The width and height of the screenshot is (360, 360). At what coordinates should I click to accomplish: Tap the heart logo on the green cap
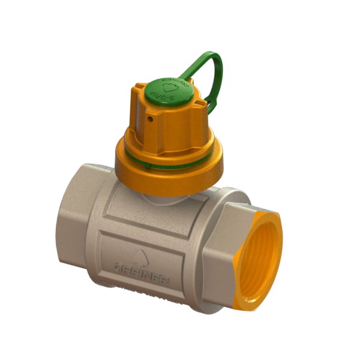[x=170, y=88]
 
